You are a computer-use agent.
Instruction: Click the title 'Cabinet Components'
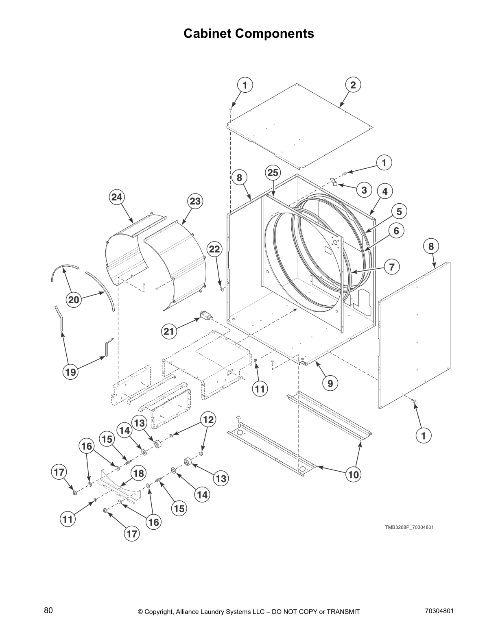click(249, 33)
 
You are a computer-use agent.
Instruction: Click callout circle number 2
click(353, 85)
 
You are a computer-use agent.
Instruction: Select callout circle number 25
click(273, 173)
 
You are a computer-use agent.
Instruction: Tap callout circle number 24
click(117, 197)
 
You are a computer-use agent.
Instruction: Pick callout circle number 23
click(195, 201)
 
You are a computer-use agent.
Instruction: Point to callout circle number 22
click(214, 249)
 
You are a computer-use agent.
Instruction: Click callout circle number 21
click(168, 331)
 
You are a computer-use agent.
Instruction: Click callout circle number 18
click(138, 473)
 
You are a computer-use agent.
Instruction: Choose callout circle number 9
click(330, 383)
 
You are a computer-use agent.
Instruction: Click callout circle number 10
click(354, 474)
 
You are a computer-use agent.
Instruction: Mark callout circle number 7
click(391, 267)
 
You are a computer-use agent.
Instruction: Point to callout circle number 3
click(364, 190)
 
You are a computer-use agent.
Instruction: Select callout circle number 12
click(208, 419)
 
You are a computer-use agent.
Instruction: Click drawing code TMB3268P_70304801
click(409, 527)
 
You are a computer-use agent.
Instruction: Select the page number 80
click(48, 610)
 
